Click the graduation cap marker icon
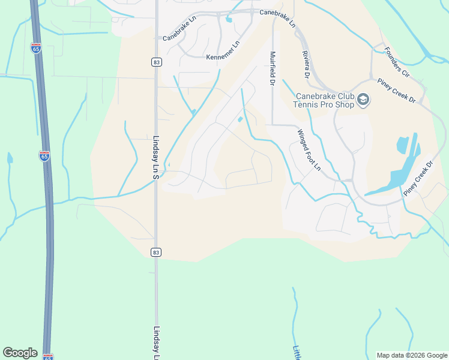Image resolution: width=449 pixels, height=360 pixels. click(x=363, y=100)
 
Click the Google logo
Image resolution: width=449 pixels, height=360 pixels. click(x=20, y=353)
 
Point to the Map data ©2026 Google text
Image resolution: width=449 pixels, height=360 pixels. click(x=411, y=355)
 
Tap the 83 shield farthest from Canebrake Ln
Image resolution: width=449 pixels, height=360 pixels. click(x=155, y=253)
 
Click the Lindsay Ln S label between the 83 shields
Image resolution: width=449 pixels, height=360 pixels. click(x=155, y=157)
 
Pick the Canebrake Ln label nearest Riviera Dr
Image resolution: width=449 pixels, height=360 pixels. click(x=278, y=18)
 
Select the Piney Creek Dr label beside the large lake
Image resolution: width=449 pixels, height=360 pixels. click(x=419, y=178)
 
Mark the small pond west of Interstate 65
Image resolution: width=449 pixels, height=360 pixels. click(x=10, y=158)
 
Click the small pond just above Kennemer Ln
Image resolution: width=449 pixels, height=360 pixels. click(x=228, y=20)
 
